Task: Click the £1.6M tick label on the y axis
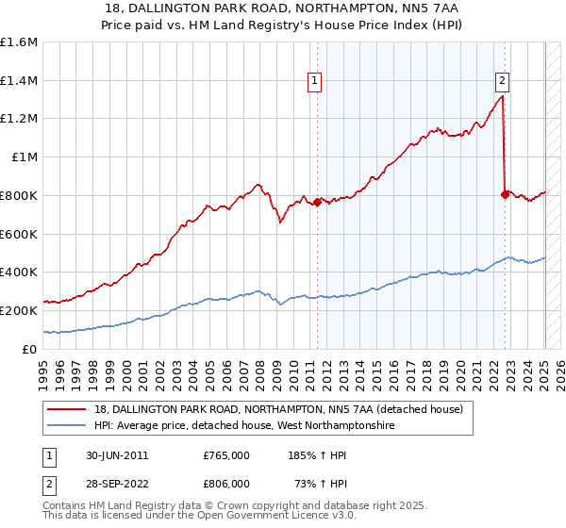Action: pos(19,42)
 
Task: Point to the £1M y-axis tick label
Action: pos(25,157)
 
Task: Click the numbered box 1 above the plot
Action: pos(314,81)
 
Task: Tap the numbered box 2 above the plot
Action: pos(503,81)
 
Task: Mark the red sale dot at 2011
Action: pos(317,202)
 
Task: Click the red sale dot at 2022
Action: pos(505,194)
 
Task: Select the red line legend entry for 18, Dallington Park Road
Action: pos(278,410)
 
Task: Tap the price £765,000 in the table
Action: pos(226,454)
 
